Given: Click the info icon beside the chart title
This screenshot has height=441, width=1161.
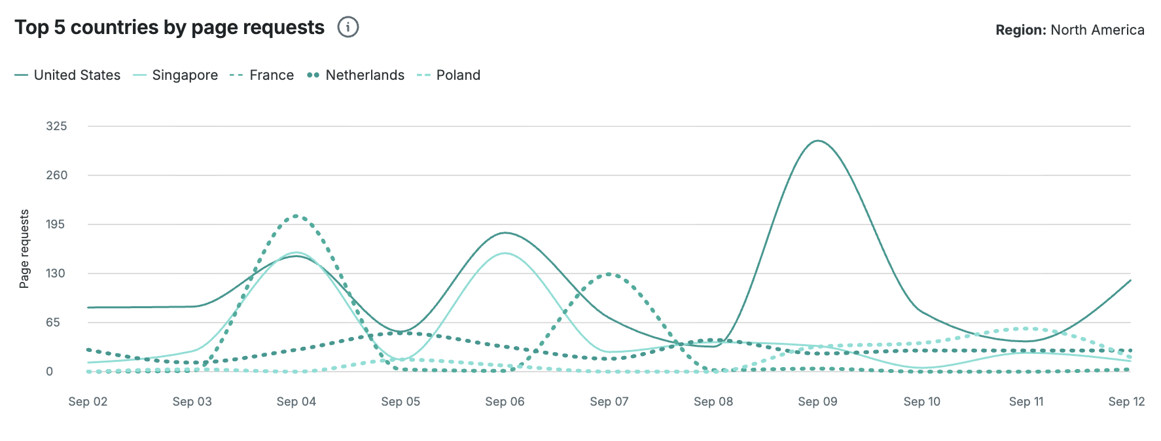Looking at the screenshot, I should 348,27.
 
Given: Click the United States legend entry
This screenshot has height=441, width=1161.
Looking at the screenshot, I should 68,75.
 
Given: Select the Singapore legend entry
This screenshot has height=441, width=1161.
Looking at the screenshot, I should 176,75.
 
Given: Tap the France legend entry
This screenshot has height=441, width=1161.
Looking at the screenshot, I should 262,75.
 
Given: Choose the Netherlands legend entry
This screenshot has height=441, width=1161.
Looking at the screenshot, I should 356,75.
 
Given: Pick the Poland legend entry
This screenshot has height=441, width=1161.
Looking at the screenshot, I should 449,75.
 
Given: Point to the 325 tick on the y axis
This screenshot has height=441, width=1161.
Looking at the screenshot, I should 56,126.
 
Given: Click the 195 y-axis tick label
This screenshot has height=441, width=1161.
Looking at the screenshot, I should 56,224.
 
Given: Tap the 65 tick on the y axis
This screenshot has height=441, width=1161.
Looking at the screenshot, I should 53,323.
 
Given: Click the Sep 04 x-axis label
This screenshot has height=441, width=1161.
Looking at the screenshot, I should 296,402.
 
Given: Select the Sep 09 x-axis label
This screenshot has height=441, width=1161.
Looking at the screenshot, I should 817,402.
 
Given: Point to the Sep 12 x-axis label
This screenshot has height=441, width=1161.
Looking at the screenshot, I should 1126,402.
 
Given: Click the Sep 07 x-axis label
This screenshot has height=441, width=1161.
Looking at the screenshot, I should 609,402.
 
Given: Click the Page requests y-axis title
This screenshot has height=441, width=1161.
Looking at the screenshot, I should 24,249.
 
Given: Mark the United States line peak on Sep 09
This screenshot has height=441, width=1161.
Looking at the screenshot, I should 817,141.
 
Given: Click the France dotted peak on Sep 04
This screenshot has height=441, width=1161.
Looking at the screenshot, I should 296,215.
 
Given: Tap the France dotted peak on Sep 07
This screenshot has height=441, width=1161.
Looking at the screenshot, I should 609,273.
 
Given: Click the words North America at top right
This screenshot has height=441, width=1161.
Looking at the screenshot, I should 1098,30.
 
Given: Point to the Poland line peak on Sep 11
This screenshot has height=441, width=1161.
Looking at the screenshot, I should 1026,328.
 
